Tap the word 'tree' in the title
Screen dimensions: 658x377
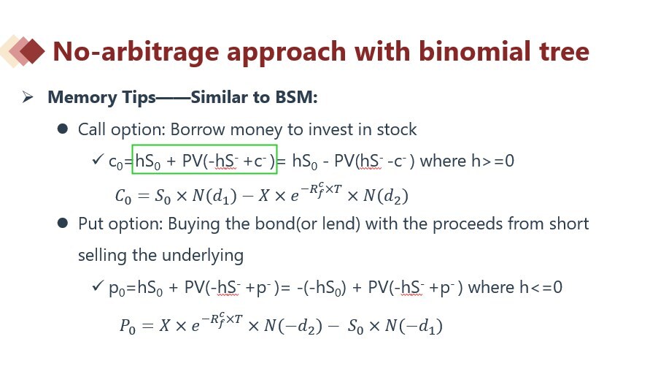[x=564, y=52]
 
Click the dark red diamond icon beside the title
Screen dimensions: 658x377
[x=32, y=51]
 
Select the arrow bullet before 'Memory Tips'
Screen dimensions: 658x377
[x=28, y=97]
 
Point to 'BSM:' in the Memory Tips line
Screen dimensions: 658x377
[x=297, y=97]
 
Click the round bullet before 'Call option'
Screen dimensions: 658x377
[x=63, y=129]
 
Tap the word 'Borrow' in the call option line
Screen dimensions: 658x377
[x=197, y=129]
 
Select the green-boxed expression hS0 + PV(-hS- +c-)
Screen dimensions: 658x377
[x=205, y=159]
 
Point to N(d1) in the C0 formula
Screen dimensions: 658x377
[x=214, y=196]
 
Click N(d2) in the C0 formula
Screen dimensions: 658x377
[x=386, y=196]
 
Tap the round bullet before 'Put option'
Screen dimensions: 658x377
[x=63, y=223]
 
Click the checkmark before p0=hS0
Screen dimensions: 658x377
[x=97, y=286]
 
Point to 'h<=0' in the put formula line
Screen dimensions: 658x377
[x=541, y=287]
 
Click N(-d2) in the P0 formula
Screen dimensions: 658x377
[x=293, y=326]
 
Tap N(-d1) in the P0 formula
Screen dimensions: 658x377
[x=414, y=326]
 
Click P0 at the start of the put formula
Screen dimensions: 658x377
[x=128, y=326]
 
